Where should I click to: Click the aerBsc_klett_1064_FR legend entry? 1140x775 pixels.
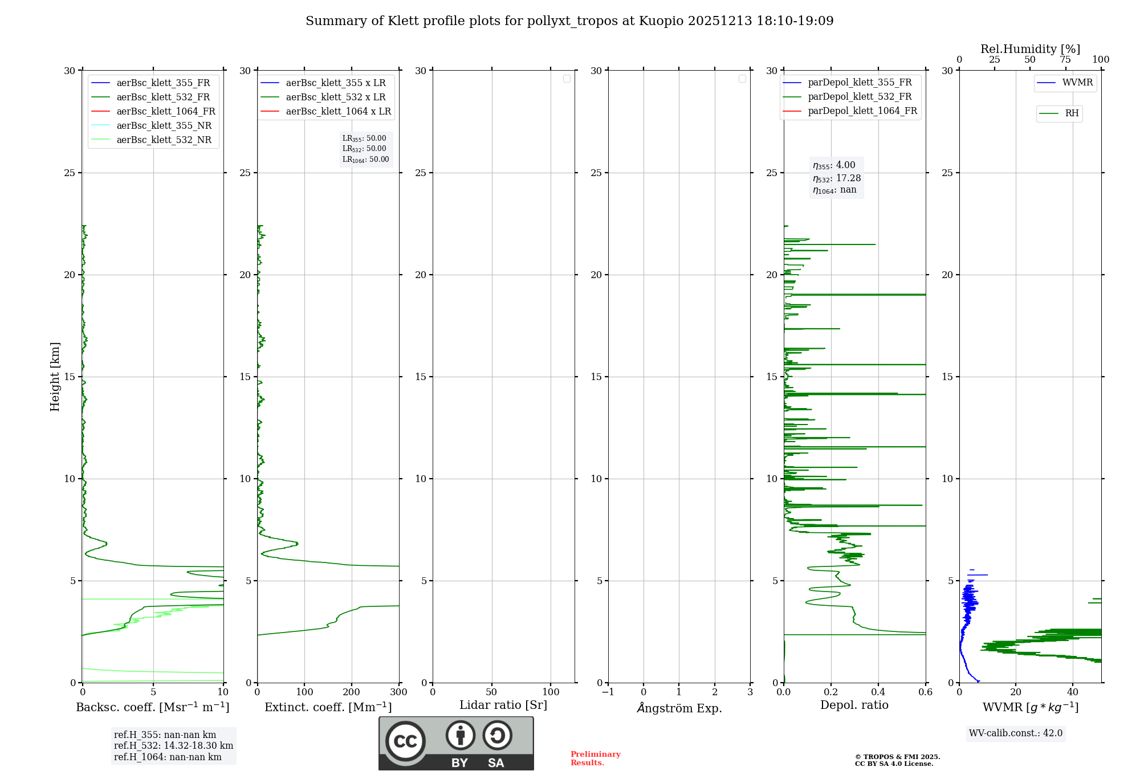tap(165, 112)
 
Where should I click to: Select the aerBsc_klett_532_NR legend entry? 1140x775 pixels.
tap(164, 140)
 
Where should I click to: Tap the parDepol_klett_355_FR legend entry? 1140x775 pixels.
tap(860, 83)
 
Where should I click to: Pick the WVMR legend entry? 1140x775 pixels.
tap(1077, 83)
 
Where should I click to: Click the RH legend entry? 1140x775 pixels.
tap(1072, 113)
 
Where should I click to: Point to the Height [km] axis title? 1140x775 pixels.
tap(55, 377)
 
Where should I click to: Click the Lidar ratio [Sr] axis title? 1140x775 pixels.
tap(503, 705)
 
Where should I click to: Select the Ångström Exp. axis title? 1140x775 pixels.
tap(679, 708)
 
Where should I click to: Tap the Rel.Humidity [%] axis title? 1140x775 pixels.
tap(1030, 49)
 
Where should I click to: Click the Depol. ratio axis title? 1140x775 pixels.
tap(854, 705)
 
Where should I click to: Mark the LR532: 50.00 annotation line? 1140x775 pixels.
tap(364, 149)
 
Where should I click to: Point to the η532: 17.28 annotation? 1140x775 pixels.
tap(837, 178)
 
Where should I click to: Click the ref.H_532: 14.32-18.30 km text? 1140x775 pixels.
tap(173, 746)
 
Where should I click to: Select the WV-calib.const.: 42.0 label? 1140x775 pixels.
tap(1016, 733)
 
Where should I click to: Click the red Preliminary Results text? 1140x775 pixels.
tap(595, 758)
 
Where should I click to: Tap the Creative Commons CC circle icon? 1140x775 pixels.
tap(405, 741)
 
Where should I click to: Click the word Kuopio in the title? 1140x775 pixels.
tap(661, 21)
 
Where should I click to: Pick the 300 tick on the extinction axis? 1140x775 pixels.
tap(399, 692)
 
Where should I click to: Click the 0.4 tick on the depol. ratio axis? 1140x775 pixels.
tap(878, 692)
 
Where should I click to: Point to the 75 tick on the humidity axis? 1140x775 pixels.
tap(1065, 60)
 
